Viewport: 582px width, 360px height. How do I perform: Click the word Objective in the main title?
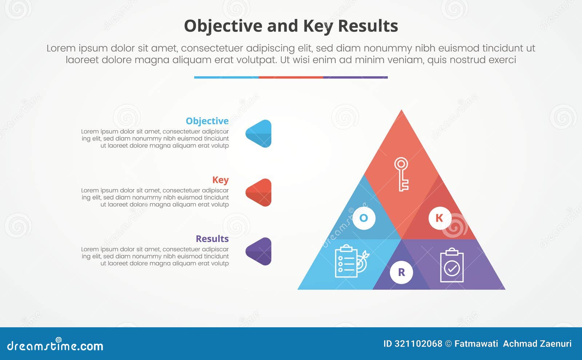[x=223, y=26]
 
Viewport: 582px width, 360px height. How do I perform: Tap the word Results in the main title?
[x=368, y=26]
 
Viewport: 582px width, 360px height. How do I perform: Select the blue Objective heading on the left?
[x=207, y=121]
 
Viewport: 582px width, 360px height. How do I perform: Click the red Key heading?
[x=220, y=180]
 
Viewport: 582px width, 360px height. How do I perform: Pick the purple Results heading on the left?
[x=212, y=239]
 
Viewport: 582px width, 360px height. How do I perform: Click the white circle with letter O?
[x=364, y=218]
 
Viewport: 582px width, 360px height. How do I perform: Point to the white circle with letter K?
[x=439, y=218]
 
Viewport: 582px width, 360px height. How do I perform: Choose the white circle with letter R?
[x=401, y=272]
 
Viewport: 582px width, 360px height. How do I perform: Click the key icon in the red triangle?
[x=402, y=174]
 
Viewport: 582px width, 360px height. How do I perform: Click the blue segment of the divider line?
[x=226, y=77]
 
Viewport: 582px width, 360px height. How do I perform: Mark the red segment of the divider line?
[x=291, y=77]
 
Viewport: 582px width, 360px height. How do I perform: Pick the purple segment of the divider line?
[x=355, y=77]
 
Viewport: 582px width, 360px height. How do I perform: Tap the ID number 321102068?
[x=418, y=344]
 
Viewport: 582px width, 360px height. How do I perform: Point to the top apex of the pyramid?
[x=402, y=111]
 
